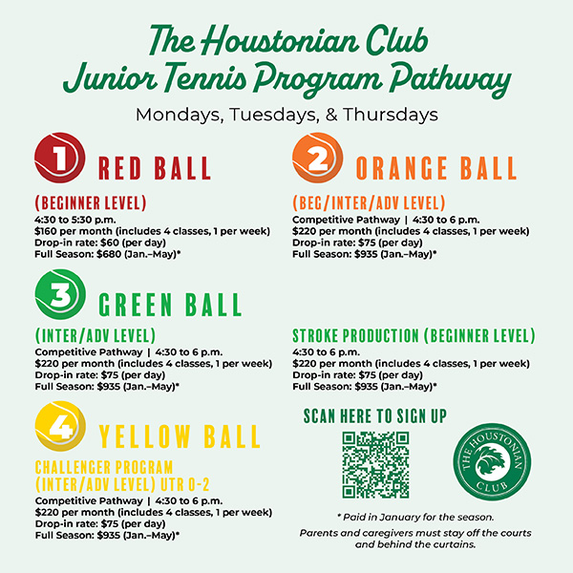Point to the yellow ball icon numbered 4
(x=59, y=427)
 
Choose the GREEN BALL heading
(x=171, y=306)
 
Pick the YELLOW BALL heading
(x=180, y=436)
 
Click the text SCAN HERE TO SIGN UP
(x=374, y=415)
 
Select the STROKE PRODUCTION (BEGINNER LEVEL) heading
(x=413, y=336)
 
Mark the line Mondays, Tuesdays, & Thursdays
(x=286, y=114)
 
